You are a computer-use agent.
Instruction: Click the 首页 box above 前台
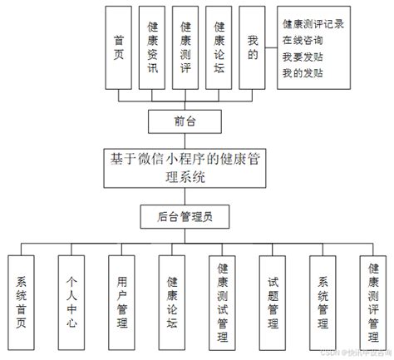(120, 46)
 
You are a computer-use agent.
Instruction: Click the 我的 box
(254, 46)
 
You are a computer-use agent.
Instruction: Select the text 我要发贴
(303, 57)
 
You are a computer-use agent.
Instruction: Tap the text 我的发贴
(303, 72)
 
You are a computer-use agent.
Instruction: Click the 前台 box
(185, 121)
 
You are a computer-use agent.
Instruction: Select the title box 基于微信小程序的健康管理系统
(186, 167)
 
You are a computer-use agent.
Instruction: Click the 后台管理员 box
(185, 217)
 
